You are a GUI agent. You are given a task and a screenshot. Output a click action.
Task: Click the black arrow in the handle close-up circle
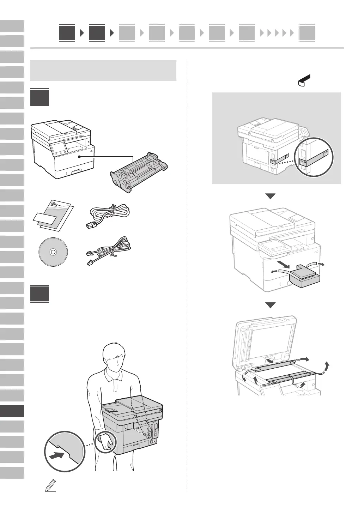point(57,455)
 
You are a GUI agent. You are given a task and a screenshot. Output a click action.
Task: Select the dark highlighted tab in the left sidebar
point(12,411)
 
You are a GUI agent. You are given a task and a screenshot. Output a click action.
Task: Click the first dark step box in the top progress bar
point(67,33)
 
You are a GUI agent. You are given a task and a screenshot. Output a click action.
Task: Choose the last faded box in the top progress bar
point(307,33)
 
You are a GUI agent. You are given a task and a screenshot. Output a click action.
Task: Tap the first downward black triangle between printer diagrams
point(270,196)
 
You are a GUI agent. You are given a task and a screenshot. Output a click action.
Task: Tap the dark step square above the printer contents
point(40,97)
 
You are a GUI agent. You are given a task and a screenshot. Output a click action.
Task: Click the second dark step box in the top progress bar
point(97,33)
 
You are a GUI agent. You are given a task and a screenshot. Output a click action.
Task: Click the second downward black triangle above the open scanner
point(270,305)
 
